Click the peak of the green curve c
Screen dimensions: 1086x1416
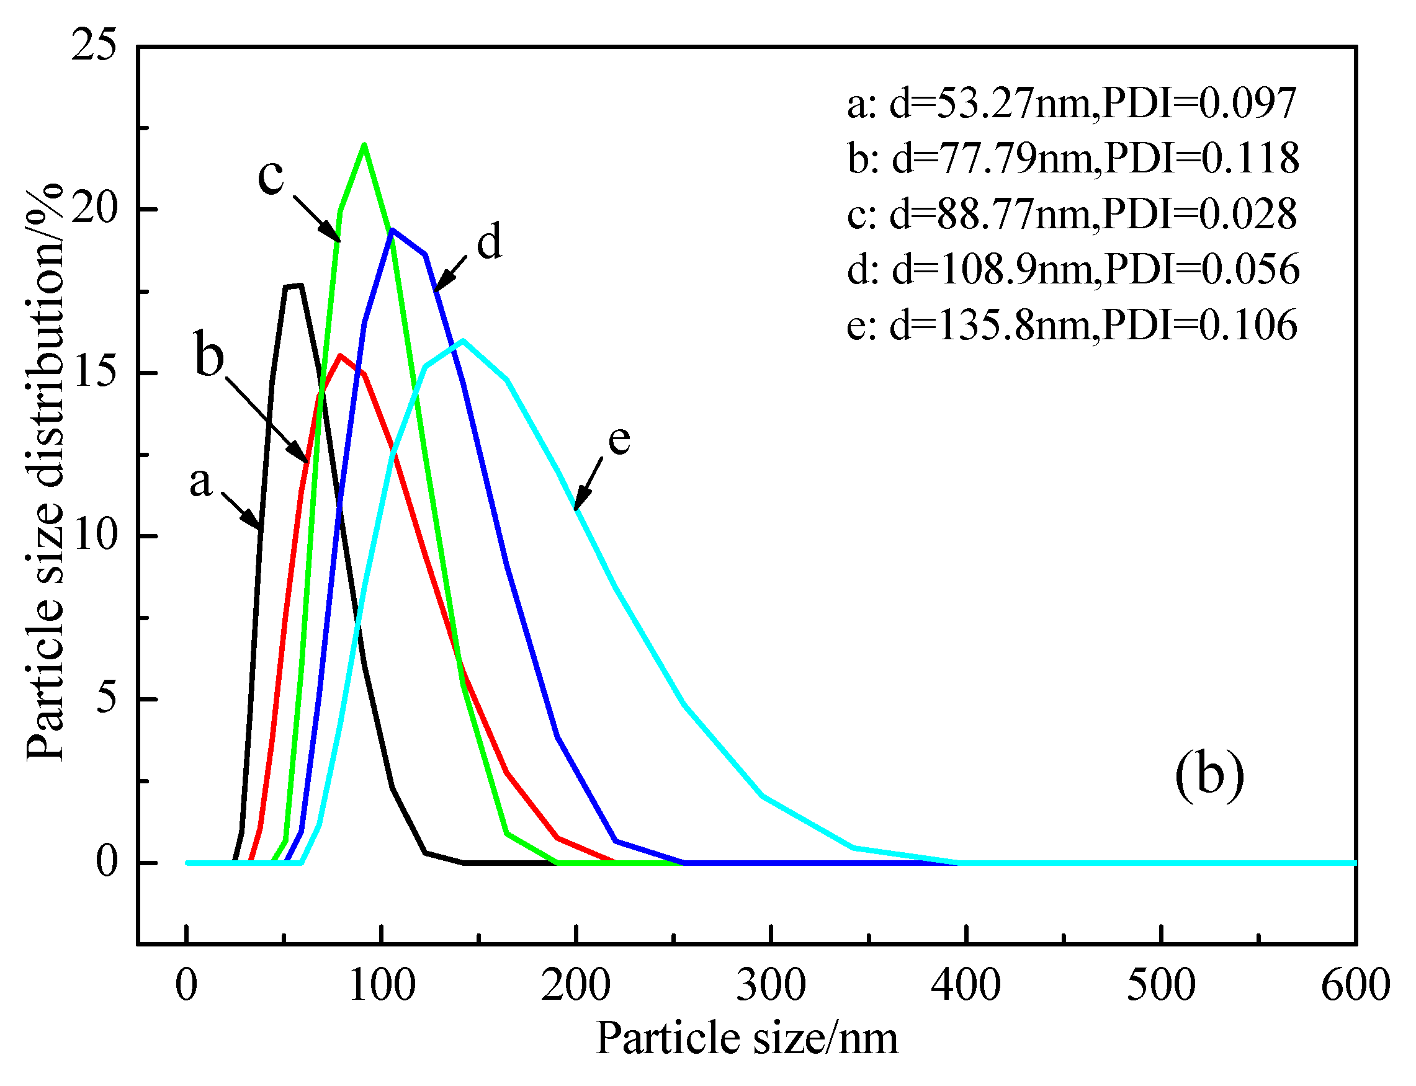point(364,144)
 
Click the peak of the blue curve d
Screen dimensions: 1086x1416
point(392,230)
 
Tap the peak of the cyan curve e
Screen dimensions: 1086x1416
point(463,340)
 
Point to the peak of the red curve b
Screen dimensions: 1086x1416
point(340,355)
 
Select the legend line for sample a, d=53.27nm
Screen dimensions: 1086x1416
point(1072,103)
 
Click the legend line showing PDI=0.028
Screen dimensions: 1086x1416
point(1072,214)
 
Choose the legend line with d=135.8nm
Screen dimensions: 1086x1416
point(1072,324)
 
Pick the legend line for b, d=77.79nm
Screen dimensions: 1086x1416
point(1073,158)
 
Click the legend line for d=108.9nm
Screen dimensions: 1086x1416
point(1073,269)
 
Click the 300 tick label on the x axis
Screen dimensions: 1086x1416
point(771,985)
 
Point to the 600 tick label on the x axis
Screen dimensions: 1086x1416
point(1355,985)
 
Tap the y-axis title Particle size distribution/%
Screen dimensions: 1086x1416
point(45,472)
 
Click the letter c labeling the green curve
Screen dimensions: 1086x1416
point(271,176)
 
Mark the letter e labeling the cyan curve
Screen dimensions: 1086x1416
point(619,440)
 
